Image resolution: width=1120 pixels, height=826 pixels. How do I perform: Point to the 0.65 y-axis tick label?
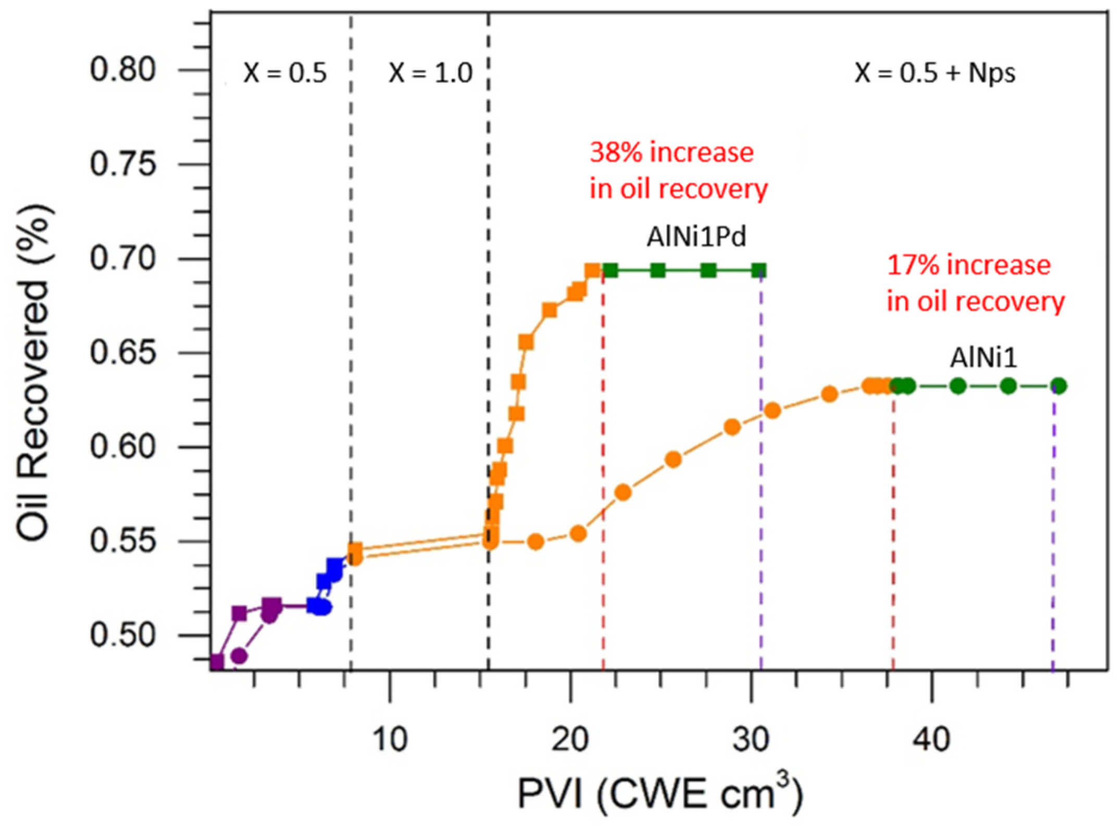(123, 353)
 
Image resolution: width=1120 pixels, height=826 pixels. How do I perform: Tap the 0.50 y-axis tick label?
(123, 635)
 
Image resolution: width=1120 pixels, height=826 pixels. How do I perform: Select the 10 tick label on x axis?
(390, 739)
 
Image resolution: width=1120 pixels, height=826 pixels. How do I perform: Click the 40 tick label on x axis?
(931, 739)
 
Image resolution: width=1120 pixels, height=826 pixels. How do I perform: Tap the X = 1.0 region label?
(430, 72)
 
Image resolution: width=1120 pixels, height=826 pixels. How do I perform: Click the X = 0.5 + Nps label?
(935, 72)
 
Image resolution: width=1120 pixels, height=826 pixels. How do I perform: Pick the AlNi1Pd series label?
(696, 237)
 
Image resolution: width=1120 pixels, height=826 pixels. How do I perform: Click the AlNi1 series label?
(984, 357)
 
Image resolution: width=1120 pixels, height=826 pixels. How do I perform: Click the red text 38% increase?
(671, 153)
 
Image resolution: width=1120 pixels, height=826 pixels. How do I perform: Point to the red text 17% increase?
(969, 265)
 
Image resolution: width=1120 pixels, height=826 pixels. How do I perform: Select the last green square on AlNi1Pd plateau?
(760, 270)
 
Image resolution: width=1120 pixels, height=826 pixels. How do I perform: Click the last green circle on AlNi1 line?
(1059, 386)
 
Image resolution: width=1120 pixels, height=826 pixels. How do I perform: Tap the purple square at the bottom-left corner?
(217, 661)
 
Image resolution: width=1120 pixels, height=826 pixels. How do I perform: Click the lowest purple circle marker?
(239, 656)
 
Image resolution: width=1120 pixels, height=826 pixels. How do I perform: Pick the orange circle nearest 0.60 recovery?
(674, 460)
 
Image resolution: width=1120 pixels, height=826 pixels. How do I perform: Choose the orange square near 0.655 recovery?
(526, 342)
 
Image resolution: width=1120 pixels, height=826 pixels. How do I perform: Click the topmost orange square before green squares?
(592, 270)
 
